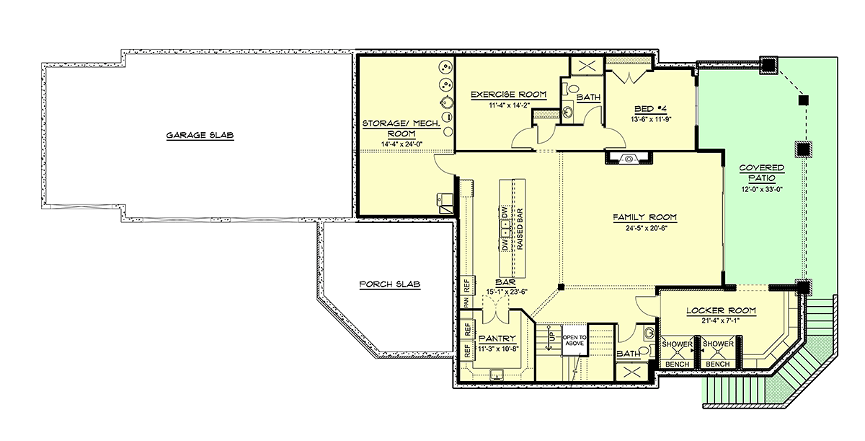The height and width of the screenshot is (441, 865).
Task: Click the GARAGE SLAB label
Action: [200, 135]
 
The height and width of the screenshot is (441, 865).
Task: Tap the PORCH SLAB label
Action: [390, 284]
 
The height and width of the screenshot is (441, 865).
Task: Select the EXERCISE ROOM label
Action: [509, 95]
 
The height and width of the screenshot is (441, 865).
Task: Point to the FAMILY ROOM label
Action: [645, 217]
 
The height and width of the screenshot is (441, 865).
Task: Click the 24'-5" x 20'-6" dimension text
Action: [647, 228]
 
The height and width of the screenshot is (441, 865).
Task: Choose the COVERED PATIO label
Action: [761, 173]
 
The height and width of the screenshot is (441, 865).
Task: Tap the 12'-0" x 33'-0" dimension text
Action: [761, 190]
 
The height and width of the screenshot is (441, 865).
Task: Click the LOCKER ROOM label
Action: [721, 310]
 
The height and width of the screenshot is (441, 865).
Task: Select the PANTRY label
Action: [497, 339]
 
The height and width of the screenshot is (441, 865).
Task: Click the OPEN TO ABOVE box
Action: [575, 340]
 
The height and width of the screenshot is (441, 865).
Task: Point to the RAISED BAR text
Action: [520, 230]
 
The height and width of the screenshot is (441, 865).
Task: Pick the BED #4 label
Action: [651, 109]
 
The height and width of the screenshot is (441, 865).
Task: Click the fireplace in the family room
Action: [629, 159]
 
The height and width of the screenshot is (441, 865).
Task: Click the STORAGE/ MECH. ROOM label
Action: [402, 128]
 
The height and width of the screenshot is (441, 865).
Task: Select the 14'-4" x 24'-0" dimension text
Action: [402, 144]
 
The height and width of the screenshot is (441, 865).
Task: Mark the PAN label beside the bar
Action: [466, 302]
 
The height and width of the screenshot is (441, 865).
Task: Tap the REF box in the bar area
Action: [467, 286]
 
